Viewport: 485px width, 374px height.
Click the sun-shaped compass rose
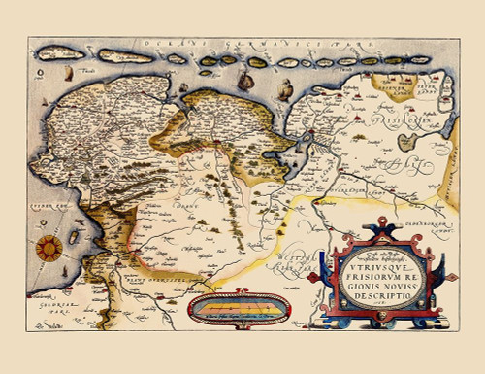click(47, 247)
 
